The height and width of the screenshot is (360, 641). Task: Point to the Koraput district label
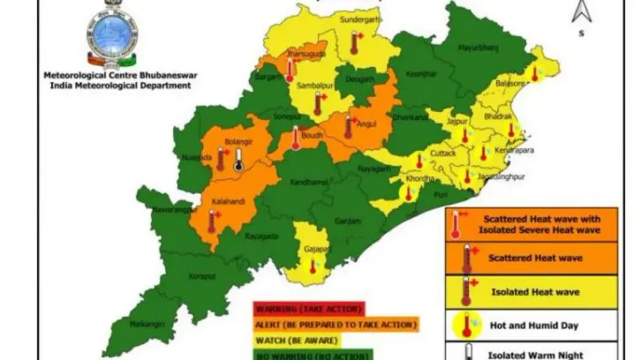click(x=201, y=277)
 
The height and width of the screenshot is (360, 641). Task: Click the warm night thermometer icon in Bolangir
click(x=238, y=159)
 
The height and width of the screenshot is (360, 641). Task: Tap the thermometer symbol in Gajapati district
click(x=313, y=265)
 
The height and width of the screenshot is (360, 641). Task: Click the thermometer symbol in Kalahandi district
click(x=212, y=220)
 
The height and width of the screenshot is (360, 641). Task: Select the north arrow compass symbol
click(x=582, y=14)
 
